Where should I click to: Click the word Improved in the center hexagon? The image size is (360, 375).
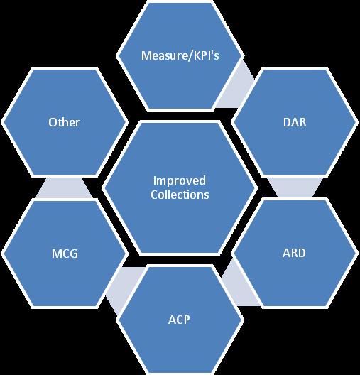pyautogui.click(x=179, y=181)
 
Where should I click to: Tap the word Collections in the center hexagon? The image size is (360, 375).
pyautogui.click(x=180, y=195)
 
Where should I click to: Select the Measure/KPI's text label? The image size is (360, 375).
pyautogui.click(x=180, y=55)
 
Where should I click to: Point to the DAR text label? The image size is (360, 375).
pyautogui.click(x=295, y=122)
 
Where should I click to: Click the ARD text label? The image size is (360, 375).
pyautogui.click(x=294, y=253)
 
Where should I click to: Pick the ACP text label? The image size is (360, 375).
pyautogui.click(x=179, y=320)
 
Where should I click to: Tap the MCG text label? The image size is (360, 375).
pyautogui.click(x=65, y=254)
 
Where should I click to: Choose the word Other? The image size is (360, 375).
pyautogui.click(x=64, y=122)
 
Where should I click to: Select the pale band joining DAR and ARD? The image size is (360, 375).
pyautogui.click(x=295, y=187)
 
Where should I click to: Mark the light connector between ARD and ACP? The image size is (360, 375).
pyautogui.click(x=239, y=285)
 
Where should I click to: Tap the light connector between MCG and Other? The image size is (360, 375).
pyautogui.click(x=64, y=187)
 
